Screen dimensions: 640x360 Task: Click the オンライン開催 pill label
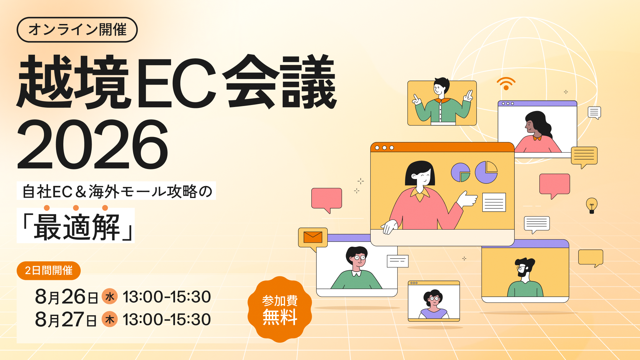tap(77, 30)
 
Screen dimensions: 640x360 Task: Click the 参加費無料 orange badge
tap(280, 309)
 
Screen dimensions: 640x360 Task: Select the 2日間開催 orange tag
tap(49, 270)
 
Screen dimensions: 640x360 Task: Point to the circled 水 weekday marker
tap(110, 296)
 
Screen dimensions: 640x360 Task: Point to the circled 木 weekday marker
tap(110, 319)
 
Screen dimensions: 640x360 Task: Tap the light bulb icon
tap(592, 205)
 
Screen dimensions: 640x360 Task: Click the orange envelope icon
tap(313, 237)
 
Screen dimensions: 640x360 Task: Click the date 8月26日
tap(66, 297)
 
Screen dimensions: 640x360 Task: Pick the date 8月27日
tap(66, 319)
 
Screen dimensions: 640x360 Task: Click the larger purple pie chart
tap(486, 172)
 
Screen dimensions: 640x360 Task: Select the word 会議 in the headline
tap(279, 82)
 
